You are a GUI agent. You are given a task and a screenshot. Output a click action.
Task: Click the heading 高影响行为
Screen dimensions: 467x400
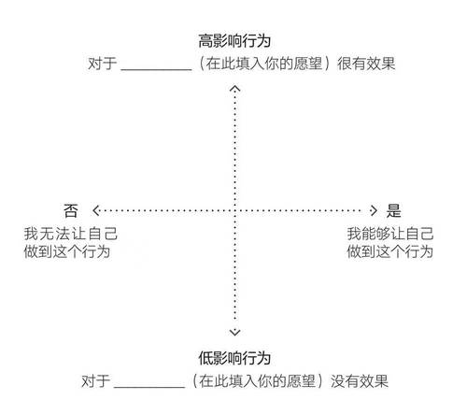pos(234,41)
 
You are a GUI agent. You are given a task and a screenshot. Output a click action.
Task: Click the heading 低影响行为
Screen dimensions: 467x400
pos(234,358)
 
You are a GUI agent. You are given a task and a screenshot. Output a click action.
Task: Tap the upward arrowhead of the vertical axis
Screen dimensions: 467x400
pos(234,89)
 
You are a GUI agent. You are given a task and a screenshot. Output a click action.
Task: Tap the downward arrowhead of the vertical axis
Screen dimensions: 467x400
pos(234,332)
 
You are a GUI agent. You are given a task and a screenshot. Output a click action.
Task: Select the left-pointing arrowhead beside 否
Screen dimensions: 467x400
pos(96,210)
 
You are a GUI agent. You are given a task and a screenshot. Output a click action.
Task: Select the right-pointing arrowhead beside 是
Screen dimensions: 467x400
pos(374,210)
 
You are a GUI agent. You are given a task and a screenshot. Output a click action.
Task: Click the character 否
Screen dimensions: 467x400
pos(71,210)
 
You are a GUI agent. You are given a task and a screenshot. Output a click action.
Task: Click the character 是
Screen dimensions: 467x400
pos(394,210)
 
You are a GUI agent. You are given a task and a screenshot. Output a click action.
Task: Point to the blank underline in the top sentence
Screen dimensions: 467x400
pos(156,70)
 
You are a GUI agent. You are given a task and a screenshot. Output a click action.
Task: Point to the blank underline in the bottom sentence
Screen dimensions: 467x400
pos(149,387)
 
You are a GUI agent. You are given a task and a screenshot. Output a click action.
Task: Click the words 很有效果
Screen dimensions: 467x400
pos(366,64)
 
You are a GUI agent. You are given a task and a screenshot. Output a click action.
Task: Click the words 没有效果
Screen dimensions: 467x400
pos(360,381)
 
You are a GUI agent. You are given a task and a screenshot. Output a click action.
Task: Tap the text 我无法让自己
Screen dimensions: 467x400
pos(71,234)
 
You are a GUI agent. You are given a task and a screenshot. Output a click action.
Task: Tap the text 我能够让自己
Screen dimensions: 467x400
pos(390,234)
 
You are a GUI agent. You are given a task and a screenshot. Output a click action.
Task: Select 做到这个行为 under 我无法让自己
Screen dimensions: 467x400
pos(67,251)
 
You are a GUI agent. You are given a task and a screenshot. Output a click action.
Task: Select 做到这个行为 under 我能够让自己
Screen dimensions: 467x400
pos(390,251)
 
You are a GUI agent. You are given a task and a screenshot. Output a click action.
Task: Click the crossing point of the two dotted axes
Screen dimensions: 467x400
pos(234,210)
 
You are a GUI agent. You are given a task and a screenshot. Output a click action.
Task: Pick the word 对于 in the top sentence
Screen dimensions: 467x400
pos(103,64)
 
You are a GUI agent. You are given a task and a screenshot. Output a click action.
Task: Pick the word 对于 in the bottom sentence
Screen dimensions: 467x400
pos(95,381)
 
